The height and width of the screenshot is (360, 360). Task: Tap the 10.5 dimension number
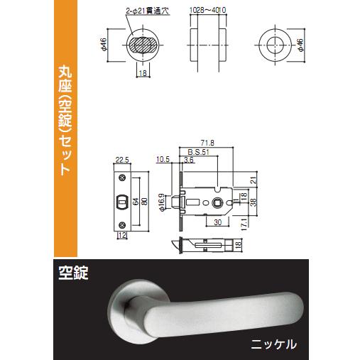point(163,159)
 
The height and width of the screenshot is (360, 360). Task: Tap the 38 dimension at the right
point(253,201)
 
